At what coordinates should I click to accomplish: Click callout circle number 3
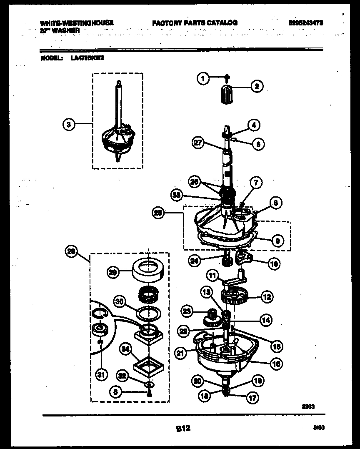(69, 124)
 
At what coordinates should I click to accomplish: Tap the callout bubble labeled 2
(256, 87)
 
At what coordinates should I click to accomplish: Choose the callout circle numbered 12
(266, 297)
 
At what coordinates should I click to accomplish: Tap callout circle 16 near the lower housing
(275, 364)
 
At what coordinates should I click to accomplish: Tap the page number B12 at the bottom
(182, 428)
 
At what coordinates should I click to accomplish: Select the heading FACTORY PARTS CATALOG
(195, 23)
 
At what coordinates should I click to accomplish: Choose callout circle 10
(274, 263)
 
